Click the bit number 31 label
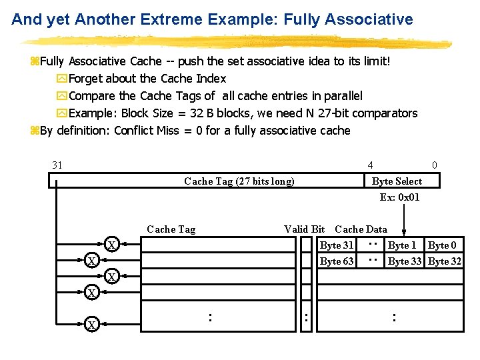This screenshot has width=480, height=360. (x=57, y=165)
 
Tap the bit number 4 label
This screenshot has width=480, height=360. (x=371, y=165)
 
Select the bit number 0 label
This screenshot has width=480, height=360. (x=435, y=165)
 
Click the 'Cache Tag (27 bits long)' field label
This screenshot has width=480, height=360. (x=239, y=181)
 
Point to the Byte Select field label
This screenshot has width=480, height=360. (x=397, y=181)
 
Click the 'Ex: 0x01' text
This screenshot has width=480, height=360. (x=399, y=197)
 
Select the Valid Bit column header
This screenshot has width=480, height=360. (x=304, y=229)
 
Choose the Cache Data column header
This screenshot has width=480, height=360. (x=361, y=229)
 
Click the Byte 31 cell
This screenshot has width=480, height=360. (x=337, y=245)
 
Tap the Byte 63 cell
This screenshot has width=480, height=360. (x=337, y=261)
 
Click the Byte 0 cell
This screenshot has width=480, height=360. (x=443, y=245)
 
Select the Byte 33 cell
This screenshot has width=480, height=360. (x=405, y=261)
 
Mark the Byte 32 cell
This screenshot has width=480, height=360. (x=445, y=261)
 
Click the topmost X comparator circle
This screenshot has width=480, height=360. (x=113, y=245)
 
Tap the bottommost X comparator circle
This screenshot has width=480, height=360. (x=92, y=325)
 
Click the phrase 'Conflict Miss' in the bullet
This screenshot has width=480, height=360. (x=147, y=131)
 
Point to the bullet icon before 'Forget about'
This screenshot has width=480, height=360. (x=62, y=79)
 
